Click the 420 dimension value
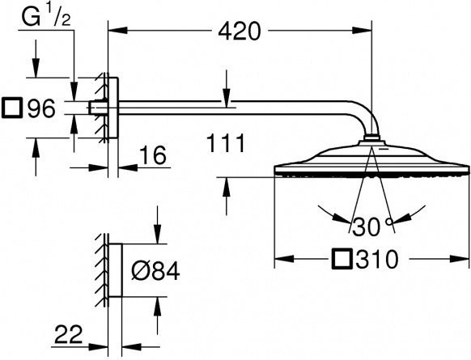click(x=239, y=32)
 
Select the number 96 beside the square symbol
click(x=41, y=108)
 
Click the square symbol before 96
click(x=12, y=107)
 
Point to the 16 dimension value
click(x=153, y=155)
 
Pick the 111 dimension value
click(x=226, y=143)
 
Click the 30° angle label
click(x=372, y=227)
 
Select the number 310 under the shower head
click(x=377, y=259)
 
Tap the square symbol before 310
click(x=342, y=258)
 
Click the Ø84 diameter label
click(x=155, y=271)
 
